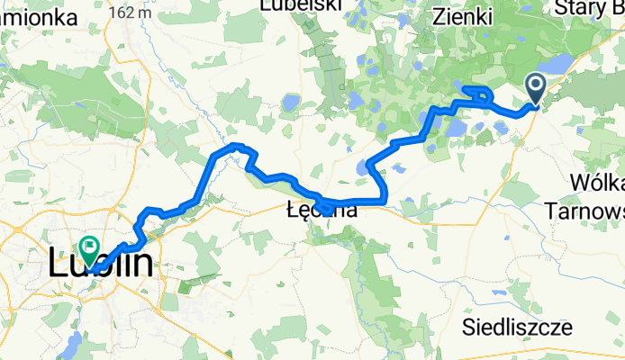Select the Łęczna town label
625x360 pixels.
pos(321,211)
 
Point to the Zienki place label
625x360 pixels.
pos(463,16)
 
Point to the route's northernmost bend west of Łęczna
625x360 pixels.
pos(236,145)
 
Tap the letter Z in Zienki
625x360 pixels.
pos(439,16)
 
